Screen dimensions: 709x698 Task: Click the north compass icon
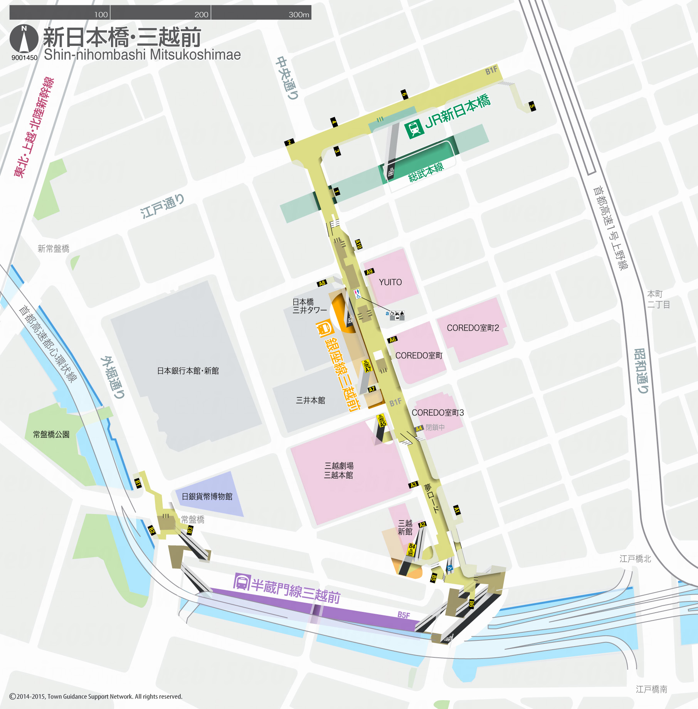click(24, 39)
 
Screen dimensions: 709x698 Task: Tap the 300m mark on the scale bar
click(299, 15)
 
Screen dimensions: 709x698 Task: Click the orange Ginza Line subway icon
click(325, 329)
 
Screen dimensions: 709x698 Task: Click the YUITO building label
click(390, 282)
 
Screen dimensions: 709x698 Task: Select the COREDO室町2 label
click(473, 328)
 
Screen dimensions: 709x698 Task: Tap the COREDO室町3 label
click(437, 413)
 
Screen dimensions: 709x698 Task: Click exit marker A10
click(358, 244)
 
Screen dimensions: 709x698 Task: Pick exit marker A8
click(322, 283)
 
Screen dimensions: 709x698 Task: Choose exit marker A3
click(414, 485)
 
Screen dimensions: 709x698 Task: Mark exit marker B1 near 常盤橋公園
click(138, 483)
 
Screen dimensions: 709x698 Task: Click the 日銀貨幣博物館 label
click(207, 496)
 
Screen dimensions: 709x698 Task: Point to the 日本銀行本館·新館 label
click(188, 371)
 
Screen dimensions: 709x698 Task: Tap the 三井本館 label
click(310, 400)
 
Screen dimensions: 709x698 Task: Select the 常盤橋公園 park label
click(51, 435)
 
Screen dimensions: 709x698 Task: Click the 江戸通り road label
click(162, 206)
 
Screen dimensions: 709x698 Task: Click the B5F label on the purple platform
click(404, 615)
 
